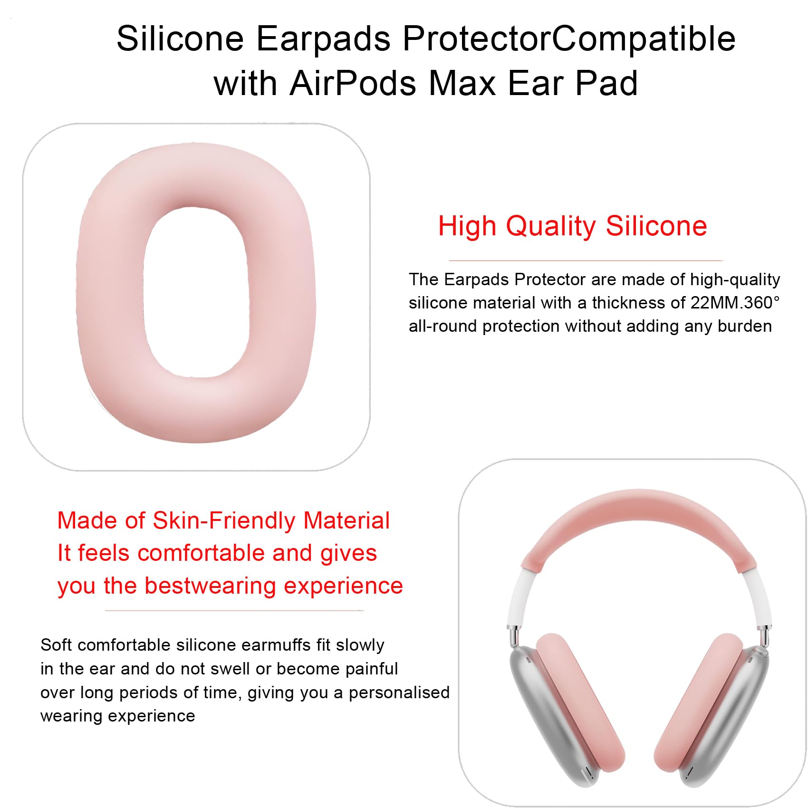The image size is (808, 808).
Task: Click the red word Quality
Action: (x=550, y=226)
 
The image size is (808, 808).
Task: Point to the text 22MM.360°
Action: (x=735, y=303)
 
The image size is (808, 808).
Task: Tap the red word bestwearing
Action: (x=210, y=586)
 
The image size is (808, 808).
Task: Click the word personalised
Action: (x=399, y=693)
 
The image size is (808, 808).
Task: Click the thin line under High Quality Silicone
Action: (x=586, y=260)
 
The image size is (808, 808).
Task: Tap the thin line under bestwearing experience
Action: (x=234, y=610)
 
